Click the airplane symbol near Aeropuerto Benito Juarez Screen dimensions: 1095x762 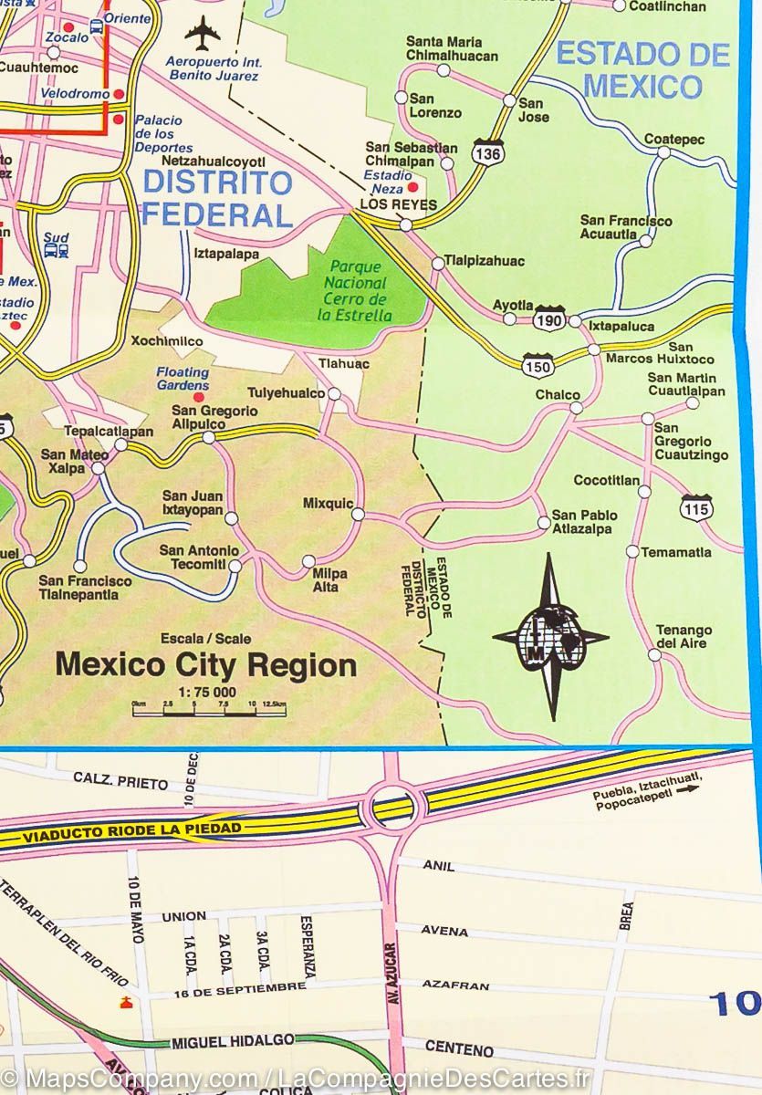[202, 34]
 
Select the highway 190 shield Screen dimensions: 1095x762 [549, 319]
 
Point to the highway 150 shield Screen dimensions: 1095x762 [537, 366]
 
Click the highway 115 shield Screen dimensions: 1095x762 [696, 507]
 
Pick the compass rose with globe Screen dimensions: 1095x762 [550, 637]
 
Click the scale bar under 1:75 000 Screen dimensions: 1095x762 [209, 711]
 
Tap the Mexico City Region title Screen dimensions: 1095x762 [206, 665]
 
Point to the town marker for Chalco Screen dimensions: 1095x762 [576, 408]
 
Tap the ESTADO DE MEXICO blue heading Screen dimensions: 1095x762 [643, 70]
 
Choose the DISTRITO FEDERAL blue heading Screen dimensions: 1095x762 [217, 198]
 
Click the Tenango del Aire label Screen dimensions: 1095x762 [684, 637]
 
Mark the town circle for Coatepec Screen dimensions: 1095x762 [664, 152]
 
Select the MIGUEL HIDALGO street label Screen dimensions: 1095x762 [232, 1040]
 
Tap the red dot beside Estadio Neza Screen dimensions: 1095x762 [399, 187]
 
